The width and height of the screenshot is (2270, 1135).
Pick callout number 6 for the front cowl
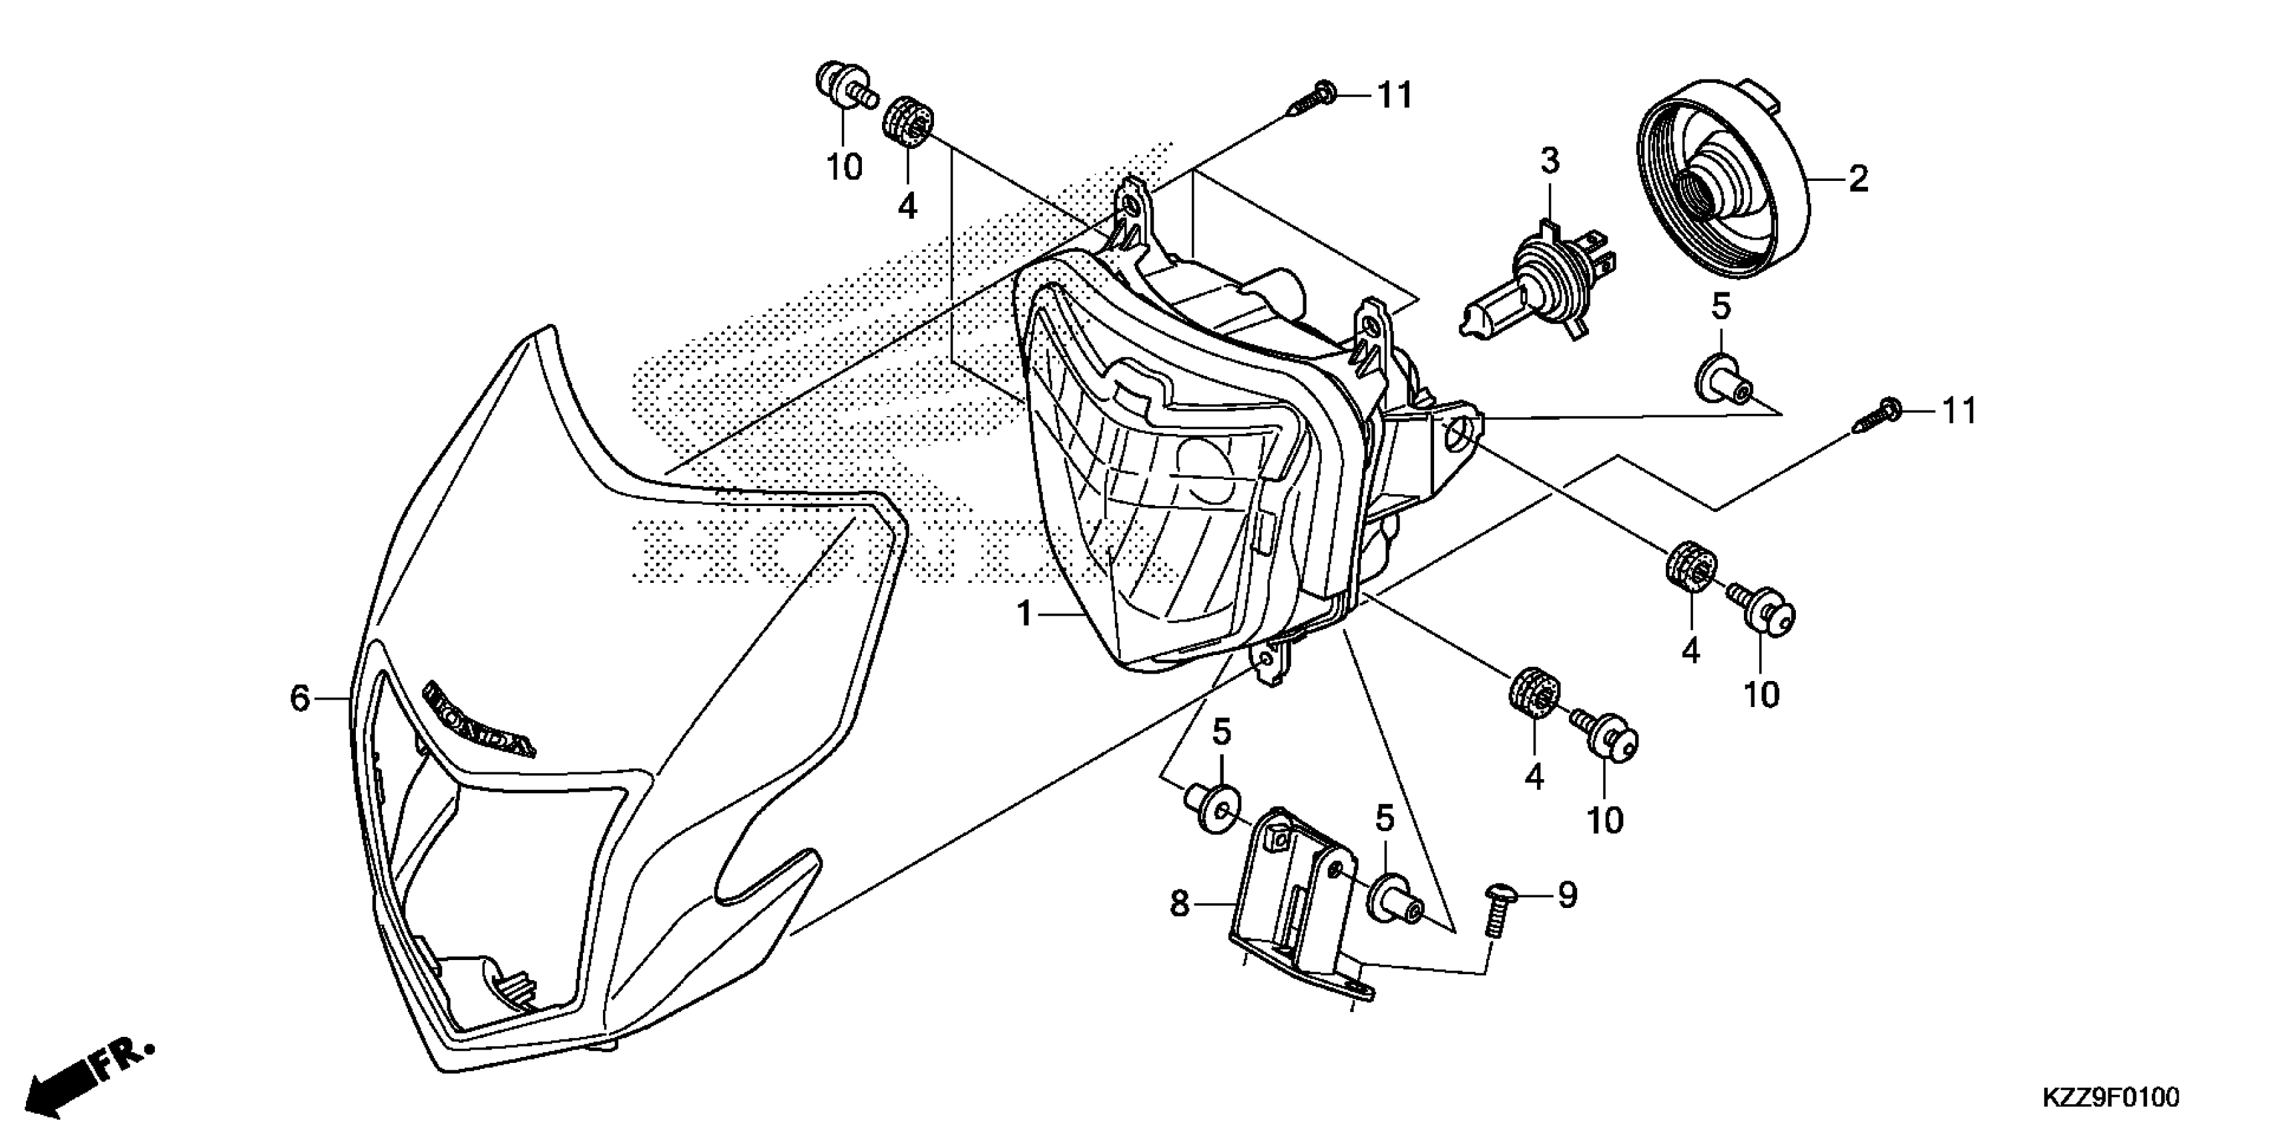pyautogui.click(x=300, y=699)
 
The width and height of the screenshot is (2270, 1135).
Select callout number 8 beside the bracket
pyautogui.click(x=1179, y=904)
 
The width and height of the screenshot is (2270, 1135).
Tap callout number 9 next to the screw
pyautogui.click(x=1567, y=896)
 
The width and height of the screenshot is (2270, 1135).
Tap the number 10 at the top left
pyautogui.click(x=843, y=166)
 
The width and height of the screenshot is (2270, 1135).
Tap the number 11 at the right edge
pyautogui.click(x=1960, y=411)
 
